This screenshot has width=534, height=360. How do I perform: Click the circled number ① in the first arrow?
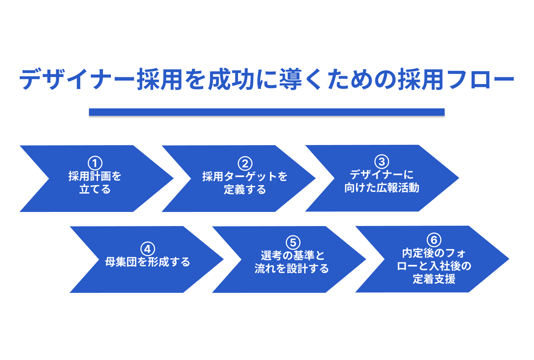(95, 163)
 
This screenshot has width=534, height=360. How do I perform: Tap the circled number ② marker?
(245, 163)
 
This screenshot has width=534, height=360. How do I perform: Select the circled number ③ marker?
(382, 161)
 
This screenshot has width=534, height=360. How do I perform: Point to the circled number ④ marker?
(148, 249)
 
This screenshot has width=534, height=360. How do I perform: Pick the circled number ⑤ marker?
(293, 242)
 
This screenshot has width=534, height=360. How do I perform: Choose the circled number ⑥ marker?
(434, 240)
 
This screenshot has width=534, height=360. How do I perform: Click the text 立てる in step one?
(95, 189)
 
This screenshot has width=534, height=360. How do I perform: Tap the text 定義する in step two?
(245, 190)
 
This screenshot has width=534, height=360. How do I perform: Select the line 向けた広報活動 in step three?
(382, 188)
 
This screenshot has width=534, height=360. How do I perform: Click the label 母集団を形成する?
(148, 262)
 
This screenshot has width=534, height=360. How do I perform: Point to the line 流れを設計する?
(291, 268)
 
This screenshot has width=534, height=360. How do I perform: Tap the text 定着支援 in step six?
(434, 279)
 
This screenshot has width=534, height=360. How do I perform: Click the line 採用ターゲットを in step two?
(245, 176)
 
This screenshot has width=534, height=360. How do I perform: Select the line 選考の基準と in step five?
(293, 255)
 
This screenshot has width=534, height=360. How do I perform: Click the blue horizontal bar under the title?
(267, 112)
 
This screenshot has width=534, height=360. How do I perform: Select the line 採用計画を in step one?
(95, 176)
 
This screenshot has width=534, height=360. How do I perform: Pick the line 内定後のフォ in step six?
(434, 253)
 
